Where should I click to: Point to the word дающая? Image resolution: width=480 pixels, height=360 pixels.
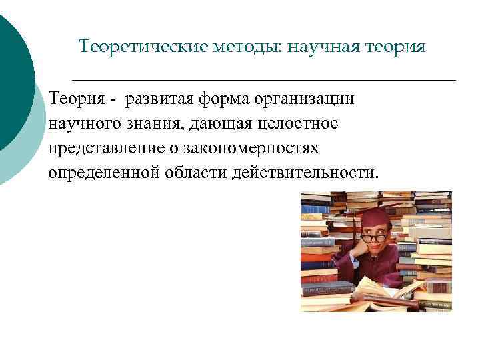click(217, 124)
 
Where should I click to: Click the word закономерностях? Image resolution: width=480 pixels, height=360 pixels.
click(256, 148)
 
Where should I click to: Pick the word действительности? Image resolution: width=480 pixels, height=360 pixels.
click(306, 173)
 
